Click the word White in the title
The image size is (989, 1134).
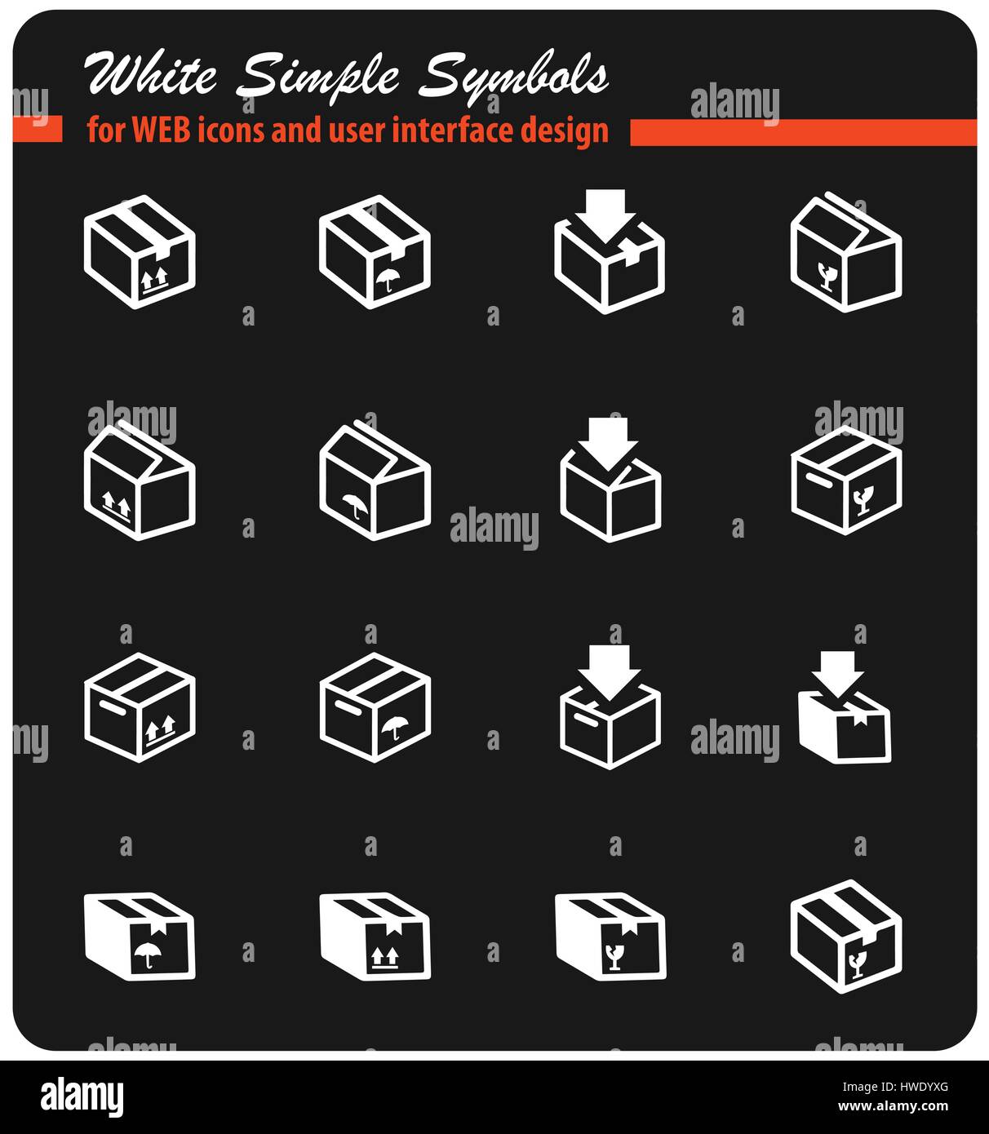coord(150,77)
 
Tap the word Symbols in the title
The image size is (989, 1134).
coord(514,78)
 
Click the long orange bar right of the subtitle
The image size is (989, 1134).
coord(803,131)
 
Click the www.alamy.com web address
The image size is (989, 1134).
coord(894,1107)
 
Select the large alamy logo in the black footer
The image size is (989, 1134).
coord(82,1097)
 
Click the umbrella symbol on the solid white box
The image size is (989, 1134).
coord(148,954)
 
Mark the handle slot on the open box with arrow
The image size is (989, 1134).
coord(585,718)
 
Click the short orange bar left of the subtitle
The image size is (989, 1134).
coord(38,129)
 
